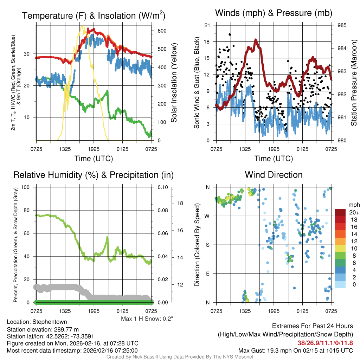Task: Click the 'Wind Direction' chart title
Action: click(x=274, y=175)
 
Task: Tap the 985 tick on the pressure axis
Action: click(x=342, y=25)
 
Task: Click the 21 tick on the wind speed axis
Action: click(x=207, y=25)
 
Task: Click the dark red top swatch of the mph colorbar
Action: click(x=340, y=212)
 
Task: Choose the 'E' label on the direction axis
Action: click(x=208, y=274)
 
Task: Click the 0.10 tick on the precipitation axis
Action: click(x=162, y=187)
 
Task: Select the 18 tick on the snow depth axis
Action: click(x=179, y=203)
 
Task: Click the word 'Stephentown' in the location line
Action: click(x=50, y=322)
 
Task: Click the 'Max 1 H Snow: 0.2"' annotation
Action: click(x=147, y=319)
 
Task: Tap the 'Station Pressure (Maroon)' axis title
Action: click(x=354, y=83)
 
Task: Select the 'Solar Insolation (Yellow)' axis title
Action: click(x=174, y=83)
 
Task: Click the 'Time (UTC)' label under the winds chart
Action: click(x=274, y=159)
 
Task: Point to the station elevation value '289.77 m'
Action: click(x=67, y=329)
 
